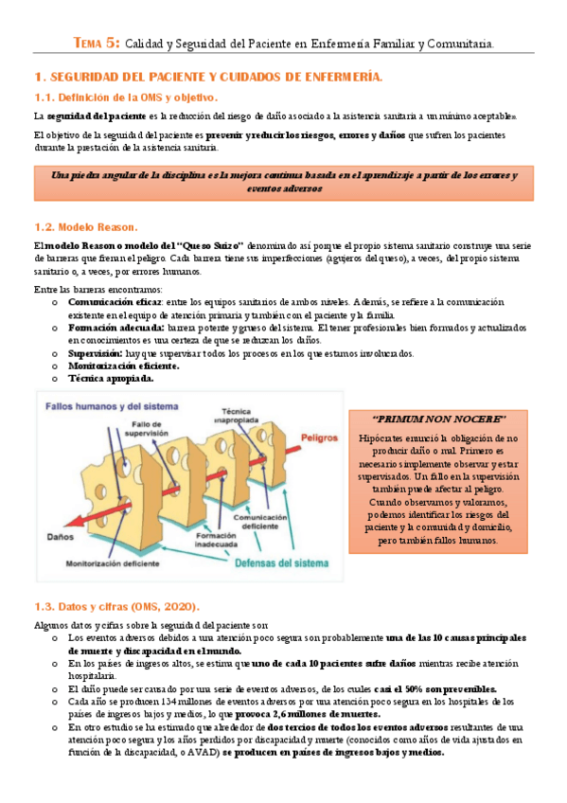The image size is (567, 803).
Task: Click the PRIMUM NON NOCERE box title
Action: tap(439, 419)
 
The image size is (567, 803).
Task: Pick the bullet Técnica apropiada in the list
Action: tap(110, 378)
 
